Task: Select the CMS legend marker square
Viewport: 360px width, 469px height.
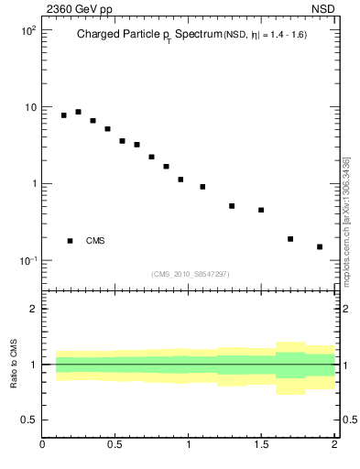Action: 70,241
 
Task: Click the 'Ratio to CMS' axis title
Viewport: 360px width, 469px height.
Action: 14,364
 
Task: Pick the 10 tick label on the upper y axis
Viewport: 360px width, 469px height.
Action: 30,107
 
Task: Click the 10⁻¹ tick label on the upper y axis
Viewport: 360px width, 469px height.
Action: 27,261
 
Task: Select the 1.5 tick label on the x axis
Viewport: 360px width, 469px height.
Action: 261,447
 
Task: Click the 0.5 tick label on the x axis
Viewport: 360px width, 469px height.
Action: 115,447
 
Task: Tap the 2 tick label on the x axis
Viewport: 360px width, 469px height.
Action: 334,447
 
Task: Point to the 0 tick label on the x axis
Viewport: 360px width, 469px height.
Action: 43,447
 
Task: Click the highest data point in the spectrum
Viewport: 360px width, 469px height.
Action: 78,112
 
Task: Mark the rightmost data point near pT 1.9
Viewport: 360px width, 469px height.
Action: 320,246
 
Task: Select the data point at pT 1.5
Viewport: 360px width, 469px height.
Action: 261,210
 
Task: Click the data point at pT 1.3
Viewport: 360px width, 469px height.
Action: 232,206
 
